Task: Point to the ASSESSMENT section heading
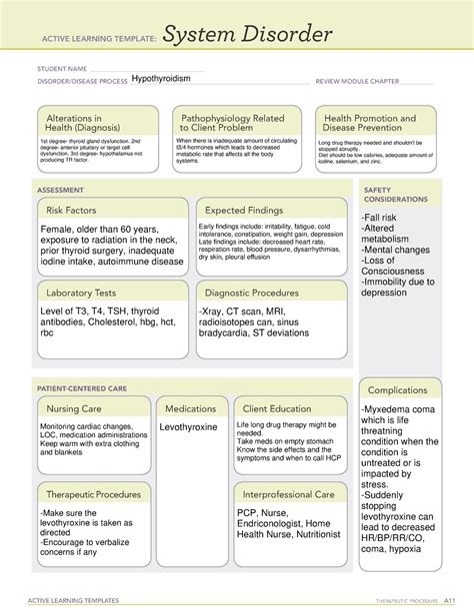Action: [60, 187]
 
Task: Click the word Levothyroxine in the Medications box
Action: [189, 427]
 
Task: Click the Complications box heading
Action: [397, 389]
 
